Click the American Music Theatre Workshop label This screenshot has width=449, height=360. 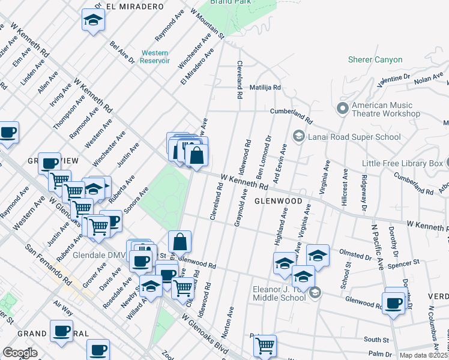click(x=385, y=109)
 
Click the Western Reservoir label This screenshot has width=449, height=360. click(x=155, y=57)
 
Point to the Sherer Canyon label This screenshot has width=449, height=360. click(x=375, y=60)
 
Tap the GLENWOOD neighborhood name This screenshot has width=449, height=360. click(x=278, y=202)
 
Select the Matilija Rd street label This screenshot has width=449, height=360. click(x=265, y=87)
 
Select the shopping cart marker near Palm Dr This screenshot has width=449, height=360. click(x=265, y=346)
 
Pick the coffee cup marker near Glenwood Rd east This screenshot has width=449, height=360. click(x=394, y=303)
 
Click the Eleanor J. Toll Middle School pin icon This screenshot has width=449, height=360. click(x=315, y=293)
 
